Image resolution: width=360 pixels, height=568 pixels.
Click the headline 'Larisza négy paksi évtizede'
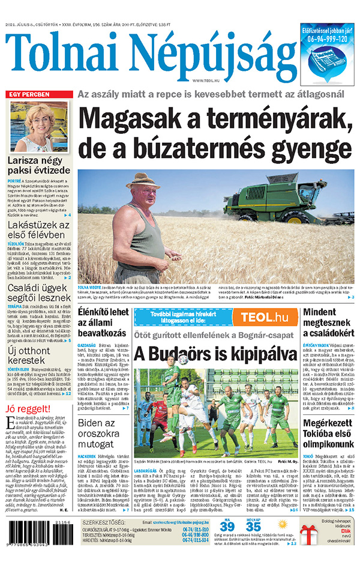[39, 166]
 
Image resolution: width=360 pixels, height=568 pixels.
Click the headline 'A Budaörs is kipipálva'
[215, 352]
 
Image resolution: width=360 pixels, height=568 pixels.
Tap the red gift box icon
[311, 539]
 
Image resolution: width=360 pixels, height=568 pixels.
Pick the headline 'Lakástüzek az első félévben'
[39, 229]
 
